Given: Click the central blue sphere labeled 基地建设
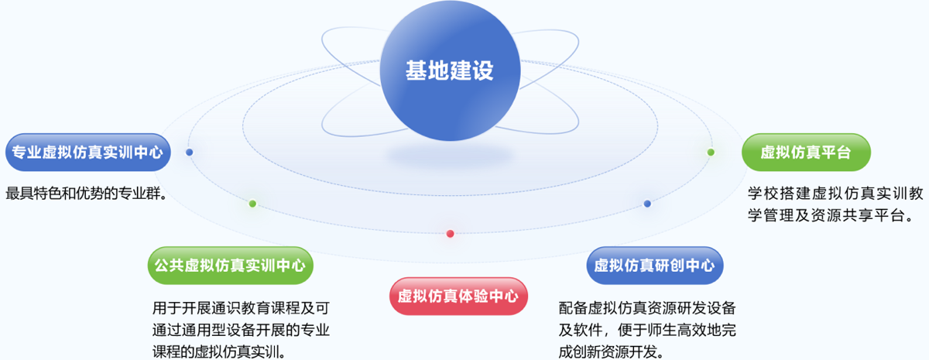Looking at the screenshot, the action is click(x=450, y=70).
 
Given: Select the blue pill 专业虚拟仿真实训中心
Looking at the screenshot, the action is click(x=88, y=153).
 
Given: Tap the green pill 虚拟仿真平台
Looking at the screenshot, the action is click(x=806, y=153).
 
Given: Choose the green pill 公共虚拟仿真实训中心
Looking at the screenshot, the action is click(x=230, y=266).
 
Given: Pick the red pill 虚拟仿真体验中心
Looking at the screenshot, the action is click(x=458, y=296).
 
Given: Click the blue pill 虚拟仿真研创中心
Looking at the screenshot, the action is click(x=655, y=266).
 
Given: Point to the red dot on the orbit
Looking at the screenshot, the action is click(x=450, y=234).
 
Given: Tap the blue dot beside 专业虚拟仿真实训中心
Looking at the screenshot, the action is click(x=189, y=153).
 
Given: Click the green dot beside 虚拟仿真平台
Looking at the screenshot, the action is click(x=711, y=153).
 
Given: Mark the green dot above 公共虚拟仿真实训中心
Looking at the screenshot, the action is click(x=252, y=204).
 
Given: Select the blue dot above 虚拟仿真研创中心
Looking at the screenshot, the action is click(x=647, y=204).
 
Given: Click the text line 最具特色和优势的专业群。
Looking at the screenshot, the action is click(x=86, y=194).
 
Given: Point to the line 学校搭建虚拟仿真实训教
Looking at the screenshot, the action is click(x=835, y=194).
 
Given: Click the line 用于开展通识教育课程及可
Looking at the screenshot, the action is click(x=241, y=308).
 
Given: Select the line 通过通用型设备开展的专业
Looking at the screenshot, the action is click(x=241, y=330).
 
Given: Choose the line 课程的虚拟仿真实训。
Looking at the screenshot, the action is click(x=219, y=351).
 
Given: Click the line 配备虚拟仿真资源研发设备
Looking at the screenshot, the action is click(x=647, y=308).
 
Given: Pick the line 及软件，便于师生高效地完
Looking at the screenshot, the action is click(x=647, y=330).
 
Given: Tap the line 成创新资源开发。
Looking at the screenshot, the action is click(x=611, y=351).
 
